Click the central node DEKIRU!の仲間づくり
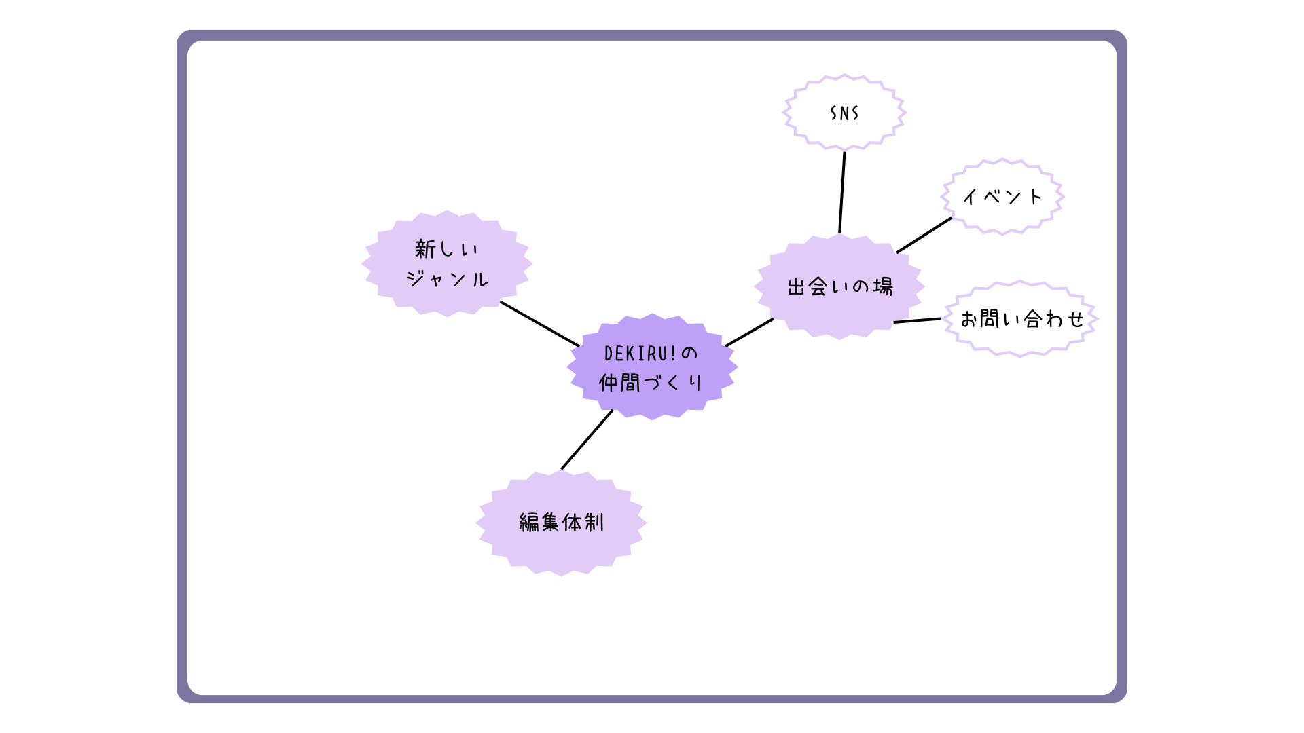(x=652, y=367)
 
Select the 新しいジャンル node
(x=447, y=263)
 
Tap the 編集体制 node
(x=561, y=523)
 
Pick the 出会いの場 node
(x=839, y=286)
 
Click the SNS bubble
(x=844, y=113)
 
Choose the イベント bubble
(x=1002, y=197)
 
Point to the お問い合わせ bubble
(x=1021, y=318)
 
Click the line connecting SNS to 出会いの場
(x=842, y=192)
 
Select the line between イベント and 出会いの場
(x=924, y=235)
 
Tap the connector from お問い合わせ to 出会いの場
(x=917, y=320)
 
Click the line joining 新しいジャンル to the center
(x=540, y=324)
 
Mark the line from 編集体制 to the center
(x=587, y=439)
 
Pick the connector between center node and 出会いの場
(x=749, y=333)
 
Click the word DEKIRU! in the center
(x=640, y=354)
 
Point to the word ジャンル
(x=447, y=279)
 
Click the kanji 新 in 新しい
(x=425, y=249)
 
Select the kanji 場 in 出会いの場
(x=883, y=286)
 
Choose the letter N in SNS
(x=844, y=113)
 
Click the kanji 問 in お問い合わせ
(x=991, y=318)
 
